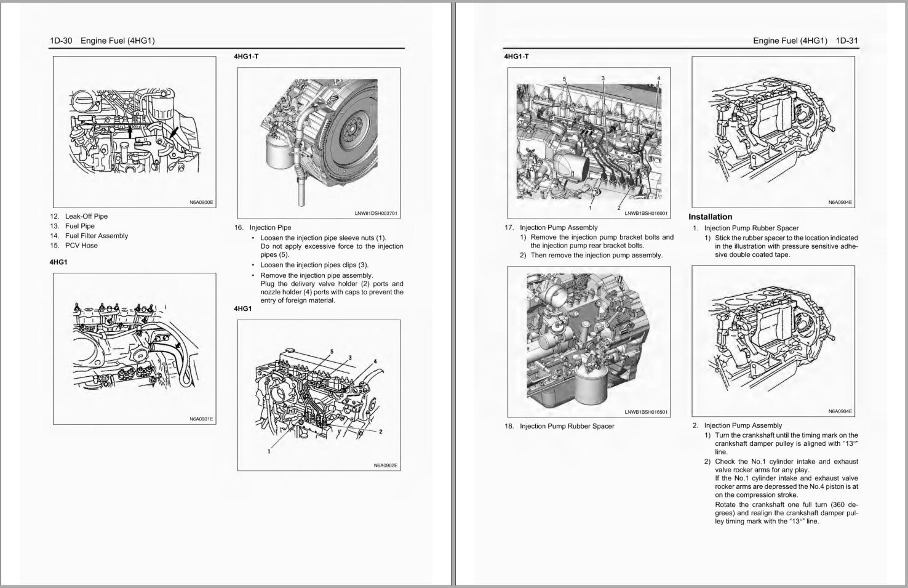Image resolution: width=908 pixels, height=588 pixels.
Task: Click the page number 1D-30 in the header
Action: [x=61, y=41]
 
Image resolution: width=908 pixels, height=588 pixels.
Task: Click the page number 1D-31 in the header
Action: [x=846, y=41]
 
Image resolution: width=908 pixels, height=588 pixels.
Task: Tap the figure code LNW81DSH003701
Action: [x=376, y=214]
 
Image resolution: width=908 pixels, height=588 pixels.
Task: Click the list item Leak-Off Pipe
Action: [x=86, y=216]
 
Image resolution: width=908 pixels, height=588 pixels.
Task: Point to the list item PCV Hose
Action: [x=81, y=245]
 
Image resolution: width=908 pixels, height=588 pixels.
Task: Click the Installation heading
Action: [x=710, y=217]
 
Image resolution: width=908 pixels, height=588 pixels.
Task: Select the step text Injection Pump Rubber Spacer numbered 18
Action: [x=567, y=426]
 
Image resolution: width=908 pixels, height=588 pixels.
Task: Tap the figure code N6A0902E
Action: [x=386, y=465]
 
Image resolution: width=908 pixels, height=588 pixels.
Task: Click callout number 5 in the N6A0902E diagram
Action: [x=332, y=352]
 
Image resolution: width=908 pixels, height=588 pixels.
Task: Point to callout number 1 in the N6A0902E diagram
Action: [x=269, y=451]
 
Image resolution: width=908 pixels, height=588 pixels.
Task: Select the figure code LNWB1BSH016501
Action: [x=646, y=412]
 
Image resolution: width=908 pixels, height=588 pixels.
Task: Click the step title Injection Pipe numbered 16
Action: [x=270, y=227]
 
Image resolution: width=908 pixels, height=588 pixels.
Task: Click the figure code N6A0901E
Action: [x=201, y=419]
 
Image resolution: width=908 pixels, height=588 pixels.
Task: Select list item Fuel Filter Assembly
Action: [x=97, y=236]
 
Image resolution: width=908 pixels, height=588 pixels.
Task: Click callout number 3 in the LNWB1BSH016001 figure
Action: [x=603, y=78]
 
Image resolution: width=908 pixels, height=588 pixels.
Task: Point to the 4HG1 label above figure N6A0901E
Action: [x=58, y=262]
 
